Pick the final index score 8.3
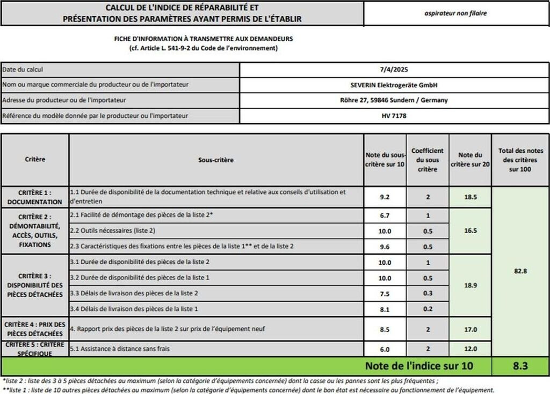click(520, 367)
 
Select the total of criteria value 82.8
click(520, 271)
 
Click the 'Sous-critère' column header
click(216, 160)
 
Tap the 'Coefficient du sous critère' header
click(428, 160)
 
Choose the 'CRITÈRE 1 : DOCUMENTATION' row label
click(35, 197)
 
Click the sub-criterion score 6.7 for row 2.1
click(385, 215)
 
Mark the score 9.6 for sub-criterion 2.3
click(385, 247)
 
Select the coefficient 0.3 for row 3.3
click(428, 293)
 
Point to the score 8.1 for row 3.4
click(385, 309)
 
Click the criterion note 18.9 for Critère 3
click(471, 286)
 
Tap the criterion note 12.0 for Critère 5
click(471, 349)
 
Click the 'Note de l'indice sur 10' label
click(427, 367)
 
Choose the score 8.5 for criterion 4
click(385, 329)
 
